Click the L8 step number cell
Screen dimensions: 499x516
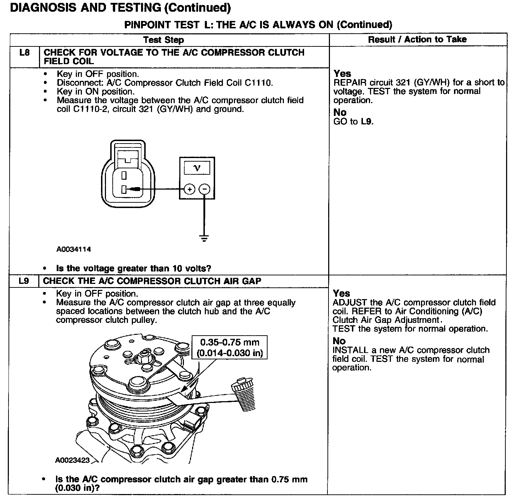pos(24,53)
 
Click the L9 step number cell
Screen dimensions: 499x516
pos(24,281)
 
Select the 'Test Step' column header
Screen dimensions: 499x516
pos(163,40)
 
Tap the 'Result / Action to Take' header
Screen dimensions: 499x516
pos(417,39)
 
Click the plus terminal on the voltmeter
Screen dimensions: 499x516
pos(190,189)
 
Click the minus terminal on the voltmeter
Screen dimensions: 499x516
pos(204,189)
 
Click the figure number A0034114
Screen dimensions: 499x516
pos(73,250)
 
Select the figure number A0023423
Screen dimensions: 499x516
pos(72,460)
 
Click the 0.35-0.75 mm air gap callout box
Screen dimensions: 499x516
pos(230,348)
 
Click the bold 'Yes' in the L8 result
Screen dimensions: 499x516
pos(342,74)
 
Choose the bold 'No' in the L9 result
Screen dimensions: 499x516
pos(339,341)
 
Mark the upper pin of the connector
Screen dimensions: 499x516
pos(124,175)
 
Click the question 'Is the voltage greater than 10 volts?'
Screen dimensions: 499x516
pos(134,268)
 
